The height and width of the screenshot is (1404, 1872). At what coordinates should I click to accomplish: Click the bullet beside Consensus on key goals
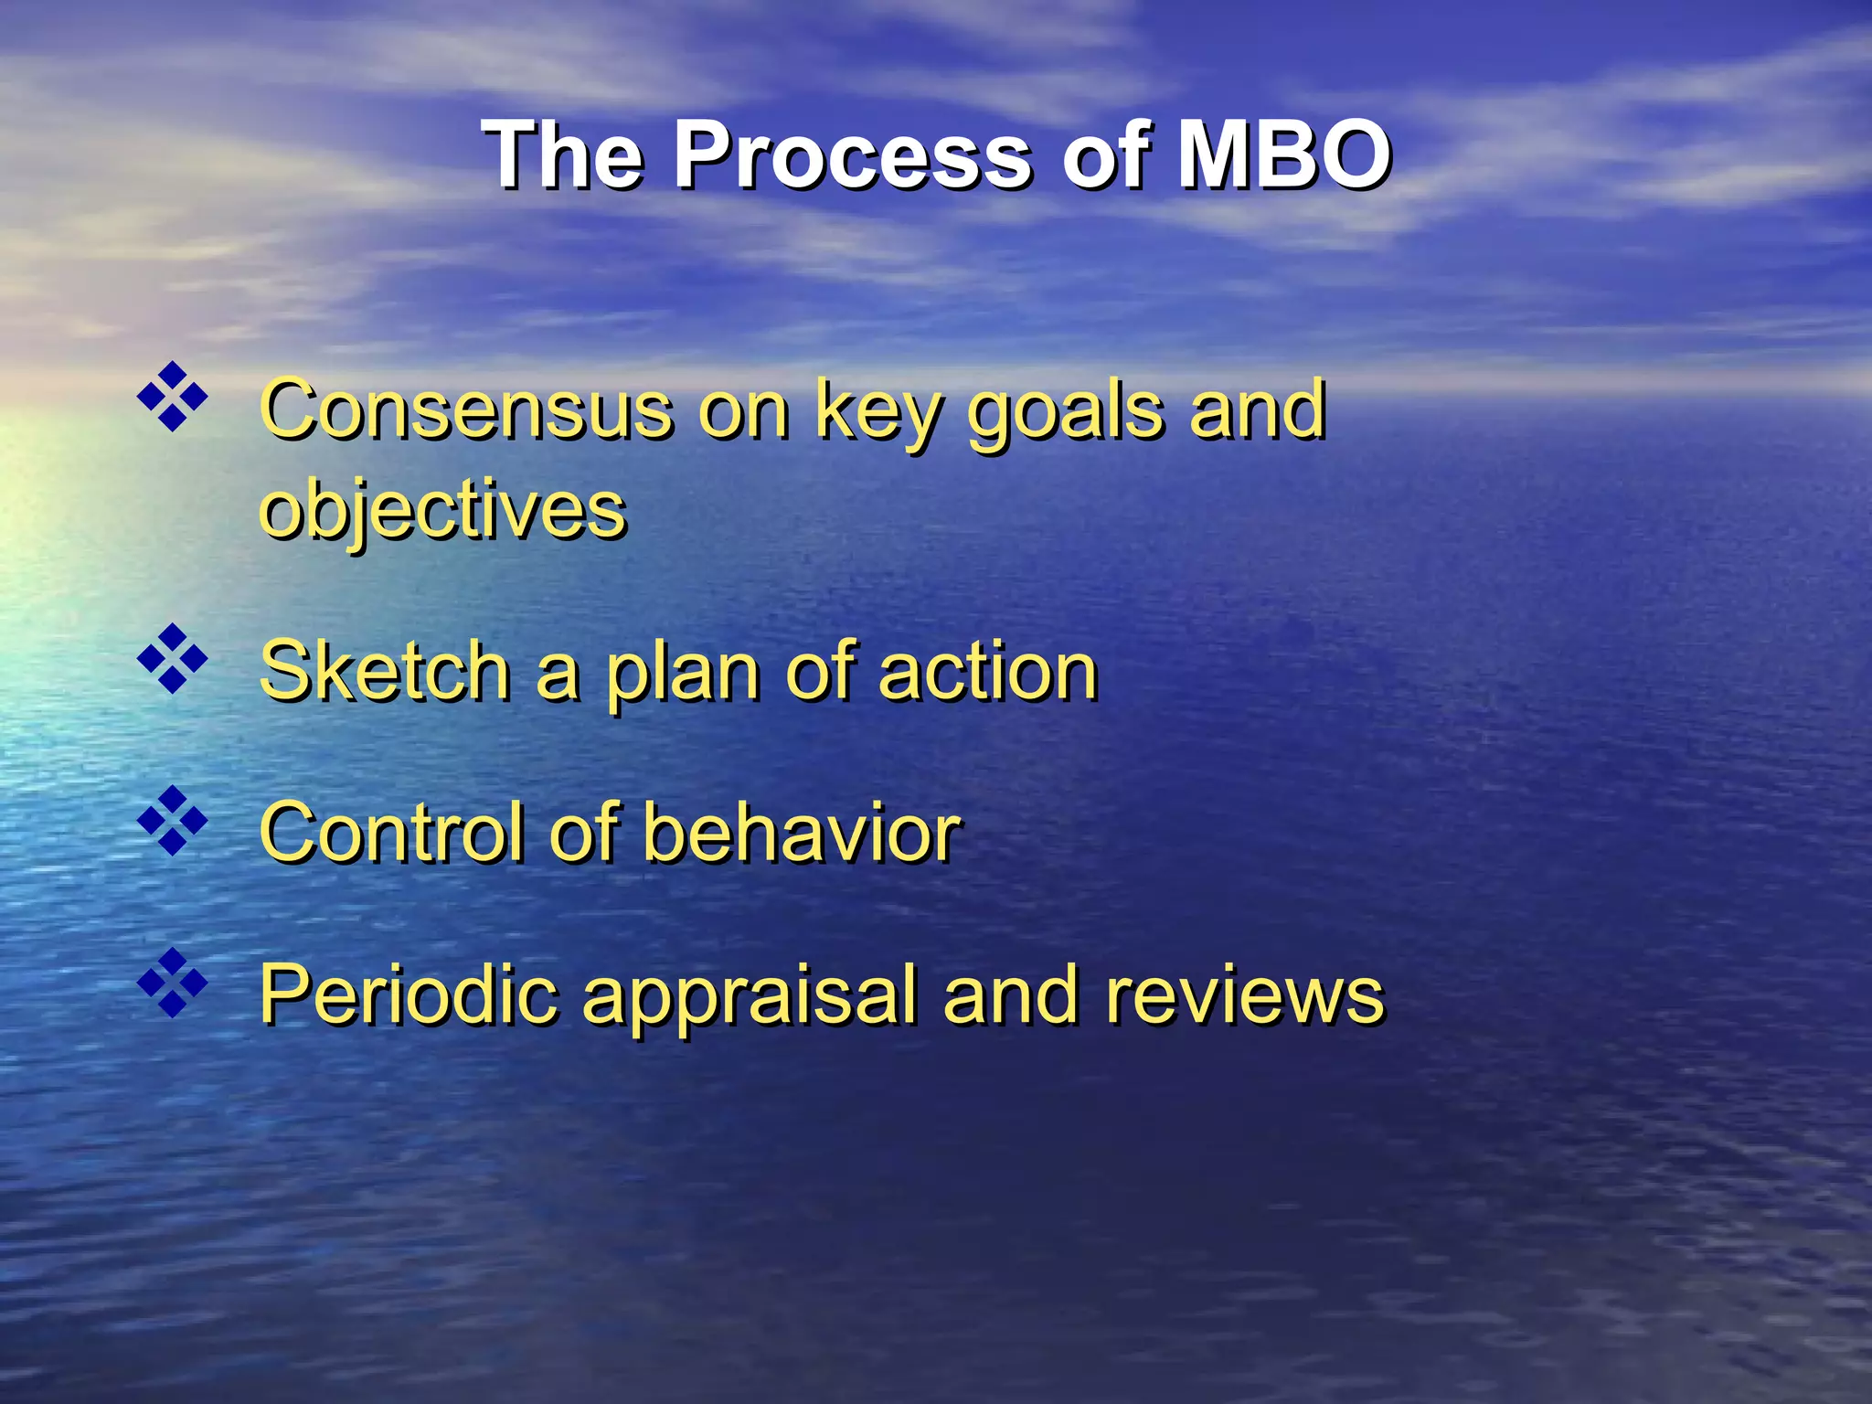click(172, 397)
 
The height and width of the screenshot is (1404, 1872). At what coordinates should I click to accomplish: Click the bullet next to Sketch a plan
click(172, 659)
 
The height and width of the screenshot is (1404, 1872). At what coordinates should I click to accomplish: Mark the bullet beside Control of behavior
click(172, 821)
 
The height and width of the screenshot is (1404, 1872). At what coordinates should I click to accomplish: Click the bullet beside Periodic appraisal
click(172, 983)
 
